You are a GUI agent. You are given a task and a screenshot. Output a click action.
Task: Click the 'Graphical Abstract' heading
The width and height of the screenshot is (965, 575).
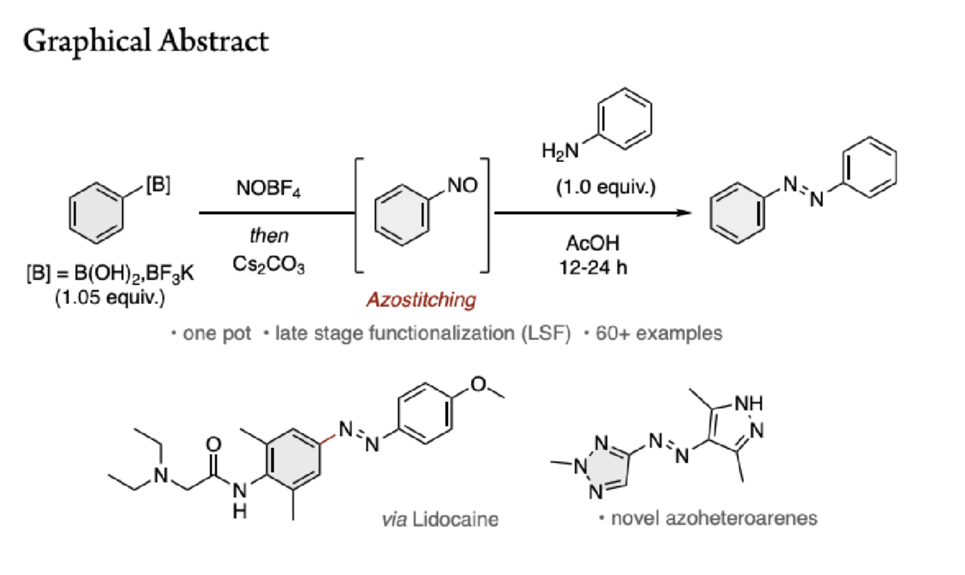(x=146, y=42)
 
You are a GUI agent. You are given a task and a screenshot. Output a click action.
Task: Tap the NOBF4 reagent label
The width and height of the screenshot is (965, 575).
(x=269, y=188)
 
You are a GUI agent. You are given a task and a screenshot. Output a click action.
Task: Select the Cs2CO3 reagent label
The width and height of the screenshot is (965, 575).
(x=269, y=264)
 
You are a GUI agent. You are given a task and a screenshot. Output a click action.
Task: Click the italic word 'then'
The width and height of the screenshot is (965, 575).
(x=269, y=236)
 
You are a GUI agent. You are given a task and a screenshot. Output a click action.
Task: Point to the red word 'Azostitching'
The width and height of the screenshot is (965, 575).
(x=421, y=300)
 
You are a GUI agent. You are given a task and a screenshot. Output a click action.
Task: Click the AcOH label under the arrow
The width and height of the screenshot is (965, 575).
(x=593, y=244)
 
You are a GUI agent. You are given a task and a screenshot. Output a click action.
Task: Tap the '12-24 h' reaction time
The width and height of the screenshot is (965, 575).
(x=593, y=267)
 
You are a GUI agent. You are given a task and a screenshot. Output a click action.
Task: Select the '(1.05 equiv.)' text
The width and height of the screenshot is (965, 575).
(x=110, y=298)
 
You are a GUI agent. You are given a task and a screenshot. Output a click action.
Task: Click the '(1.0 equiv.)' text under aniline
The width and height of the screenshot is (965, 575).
(x=606, y=187)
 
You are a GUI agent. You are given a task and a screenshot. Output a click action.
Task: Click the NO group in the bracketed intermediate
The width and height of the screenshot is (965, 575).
(x=462, y=186)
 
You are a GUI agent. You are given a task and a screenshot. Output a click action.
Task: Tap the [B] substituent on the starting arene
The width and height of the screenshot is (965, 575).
(x=158, y=185)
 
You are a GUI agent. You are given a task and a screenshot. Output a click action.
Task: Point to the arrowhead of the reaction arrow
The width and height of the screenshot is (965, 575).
(x=684, y=213)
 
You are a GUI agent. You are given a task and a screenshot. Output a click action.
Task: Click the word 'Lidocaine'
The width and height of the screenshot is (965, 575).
(x=455, y=520)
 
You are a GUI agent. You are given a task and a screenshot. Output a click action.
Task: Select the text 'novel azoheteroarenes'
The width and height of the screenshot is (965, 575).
(x=714, y=518)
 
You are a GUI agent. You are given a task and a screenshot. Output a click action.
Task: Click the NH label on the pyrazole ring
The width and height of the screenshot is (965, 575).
(x=749, y=404)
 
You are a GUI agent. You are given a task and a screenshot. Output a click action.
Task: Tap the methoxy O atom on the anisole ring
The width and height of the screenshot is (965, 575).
(x=478, y=384)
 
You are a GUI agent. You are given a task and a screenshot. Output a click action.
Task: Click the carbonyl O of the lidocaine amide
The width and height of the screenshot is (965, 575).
(x=214, y=445)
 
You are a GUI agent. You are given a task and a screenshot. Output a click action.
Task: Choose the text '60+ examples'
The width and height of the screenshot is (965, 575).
(x=659, y=333)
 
